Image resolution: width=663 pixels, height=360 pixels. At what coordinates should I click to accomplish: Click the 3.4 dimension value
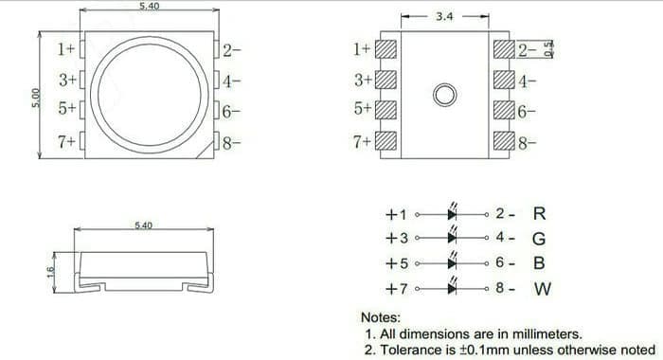(444, 16)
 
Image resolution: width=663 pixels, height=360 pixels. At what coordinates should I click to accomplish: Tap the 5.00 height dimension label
(36, 99)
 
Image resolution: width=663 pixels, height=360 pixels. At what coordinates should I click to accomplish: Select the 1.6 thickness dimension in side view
(50, 272)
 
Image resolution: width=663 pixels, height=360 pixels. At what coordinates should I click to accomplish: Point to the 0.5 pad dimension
(548, 49)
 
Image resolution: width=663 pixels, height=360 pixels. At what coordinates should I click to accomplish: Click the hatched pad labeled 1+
(385, 49)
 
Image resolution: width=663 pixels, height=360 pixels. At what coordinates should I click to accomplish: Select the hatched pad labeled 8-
(504, 141)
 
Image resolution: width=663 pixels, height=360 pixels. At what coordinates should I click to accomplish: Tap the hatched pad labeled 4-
(504, 80)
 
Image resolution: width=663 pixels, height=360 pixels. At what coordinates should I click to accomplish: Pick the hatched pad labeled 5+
(385, 110)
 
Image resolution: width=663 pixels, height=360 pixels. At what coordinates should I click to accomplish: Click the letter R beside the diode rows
(539, 213)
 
